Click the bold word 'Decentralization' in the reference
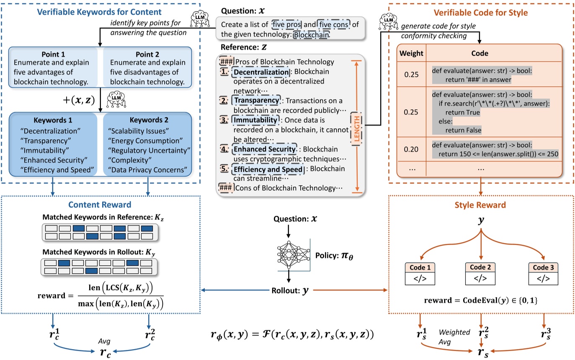pos(260,72)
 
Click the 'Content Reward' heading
pos(100,205)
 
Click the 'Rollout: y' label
pos(290,290)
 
